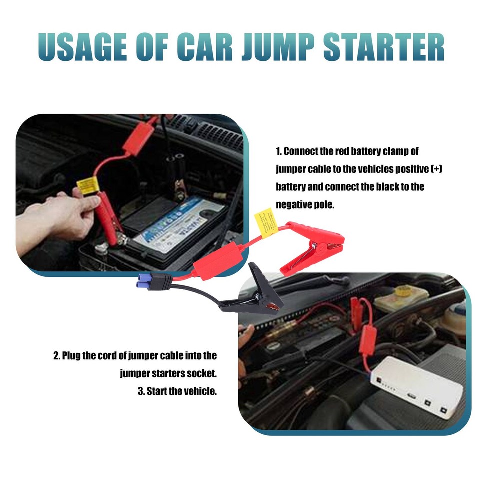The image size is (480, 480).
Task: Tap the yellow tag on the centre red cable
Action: (266, 222)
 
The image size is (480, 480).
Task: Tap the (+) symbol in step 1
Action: (436, 169)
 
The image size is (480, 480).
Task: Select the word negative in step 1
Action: (295, 204)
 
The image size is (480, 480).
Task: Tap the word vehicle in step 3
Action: (199, 391)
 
